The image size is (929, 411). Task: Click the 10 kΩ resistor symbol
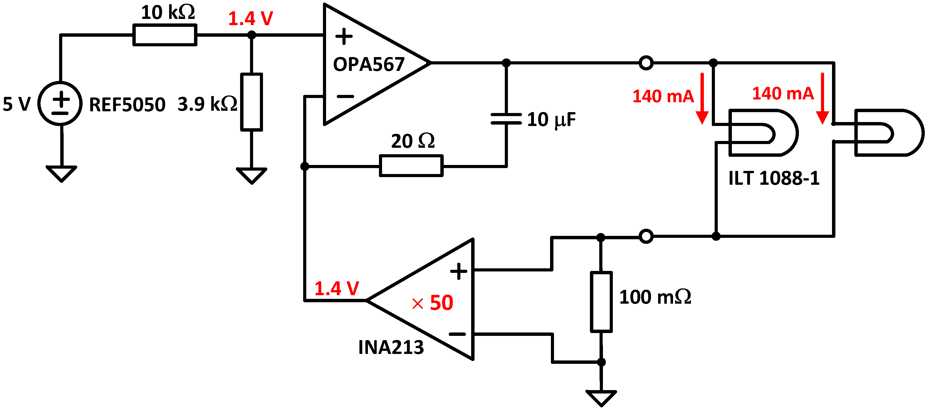[x=165, y=35]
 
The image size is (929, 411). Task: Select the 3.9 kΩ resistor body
[x=251, y=102]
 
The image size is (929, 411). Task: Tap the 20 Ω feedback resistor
[x=411, y=166]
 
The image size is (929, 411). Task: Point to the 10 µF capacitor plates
[x=506, y=119]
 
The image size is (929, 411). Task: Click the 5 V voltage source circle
[x=60, y=104]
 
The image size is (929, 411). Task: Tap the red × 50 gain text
[x=432, y=303]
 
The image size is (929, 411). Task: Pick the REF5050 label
[x=127, y=105]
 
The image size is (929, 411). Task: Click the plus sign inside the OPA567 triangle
[x=344, y=36]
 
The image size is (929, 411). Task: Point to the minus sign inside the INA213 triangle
[x=457, y=334]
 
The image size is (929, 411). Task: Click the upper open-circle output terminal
[x=646, y=63]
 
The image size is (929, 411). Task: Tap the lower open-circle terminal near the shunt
[x=646, y=237]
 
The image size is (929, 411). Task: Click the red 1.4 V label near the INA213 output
[x=337, y=288]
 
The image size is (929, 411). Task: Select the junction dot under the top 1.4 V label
[x=251, y=35]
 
